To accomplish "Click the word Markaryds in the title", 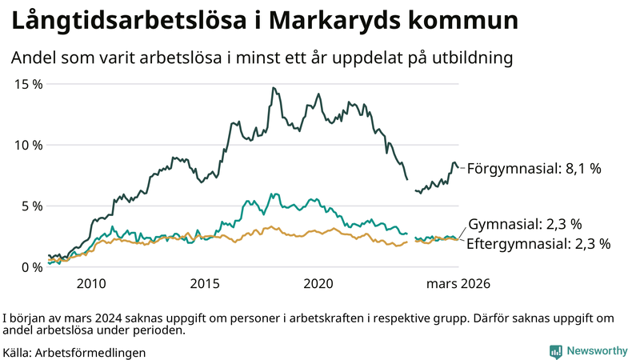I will (x=347, y=22).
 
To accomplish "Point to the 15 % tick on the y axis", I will (x=26, y=84).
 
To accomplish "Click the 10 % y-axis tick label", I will (x=26, y=145).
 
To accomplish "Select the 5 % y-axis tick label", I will (x=30, y=206).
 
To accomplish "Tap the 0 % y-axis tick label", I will (x=30, y=266).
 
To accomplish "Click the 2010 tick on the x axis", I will (x=91, y=284).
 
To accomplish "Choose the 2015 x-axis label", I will (x=206, y=284).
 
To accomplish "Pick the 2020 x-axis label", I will (x=319, y=284).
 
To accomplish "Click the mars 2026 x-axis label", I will (x=458, y=284).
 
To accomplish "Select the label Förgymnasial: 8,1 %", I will (x=534, y=169).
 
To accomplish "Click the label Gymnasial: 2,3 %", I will (x=524, y=224).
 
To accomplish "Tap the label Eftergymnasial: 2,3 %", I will (x=538, y=243).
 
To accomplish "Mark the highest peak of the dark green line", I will (x=273, y=88).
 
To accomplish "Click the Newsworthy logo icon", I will (x=555, y=351).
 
